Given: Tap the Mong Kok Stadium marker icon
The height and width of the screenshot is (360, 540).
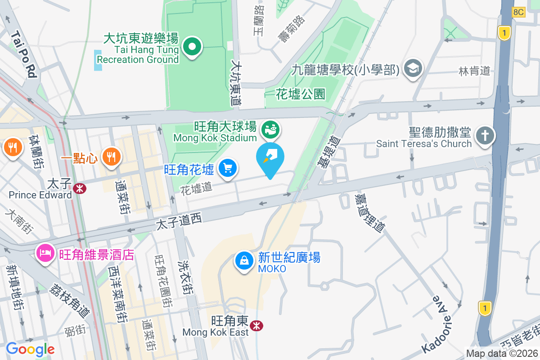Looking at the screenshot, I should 271,130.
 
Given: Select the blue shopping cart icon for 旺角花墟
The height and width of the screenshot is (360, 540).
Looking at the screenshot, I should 228,168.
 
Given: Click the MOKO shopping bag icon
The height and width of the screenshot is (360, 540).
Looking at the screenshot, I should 244,261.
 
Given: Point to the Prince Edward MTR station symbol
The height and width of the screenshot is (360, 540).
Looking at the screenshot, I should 80,189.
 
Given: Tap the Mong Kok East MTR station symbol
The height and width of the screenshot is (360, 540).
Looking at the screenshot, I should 257,325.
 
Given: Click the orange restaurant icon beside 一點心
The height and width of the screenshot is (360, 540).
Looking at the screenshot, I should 110,157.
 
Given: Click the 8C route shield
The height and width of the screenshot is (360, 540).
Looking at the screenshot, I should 519,12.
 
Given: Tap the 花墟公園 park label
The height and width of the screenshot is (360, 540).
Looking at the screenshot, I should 301,94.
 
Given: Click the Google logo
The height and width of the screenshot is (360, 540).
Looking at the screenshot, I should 30,349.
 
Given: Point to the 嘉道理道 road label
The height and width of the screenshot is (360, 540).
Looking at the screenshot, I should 369,213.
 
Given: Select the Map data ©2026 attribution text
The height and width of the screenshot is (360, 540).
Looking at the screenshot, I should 502,354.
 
